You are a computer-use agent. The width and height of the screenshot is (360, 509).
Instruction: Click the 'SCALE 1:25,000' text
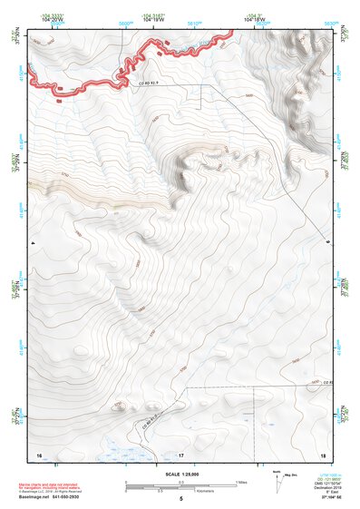tap(181, 474)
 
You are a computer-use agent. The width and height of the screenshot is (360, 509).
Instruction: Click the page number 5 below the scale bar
tap(181, 500)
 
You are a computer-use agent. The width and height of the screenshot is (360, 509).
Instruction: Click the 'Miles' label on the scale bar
tap(242, 482)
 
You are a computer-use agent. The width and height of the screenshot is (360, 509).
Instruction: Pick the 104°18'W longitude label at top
tap(257, 19)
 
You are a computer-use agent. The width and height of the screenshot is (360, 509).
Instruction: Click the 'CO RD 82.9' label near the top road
tap(138, 83)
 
